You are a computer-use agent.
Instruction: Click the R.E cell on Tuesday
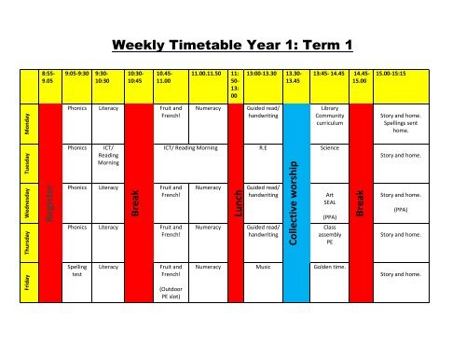(262, 147)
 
